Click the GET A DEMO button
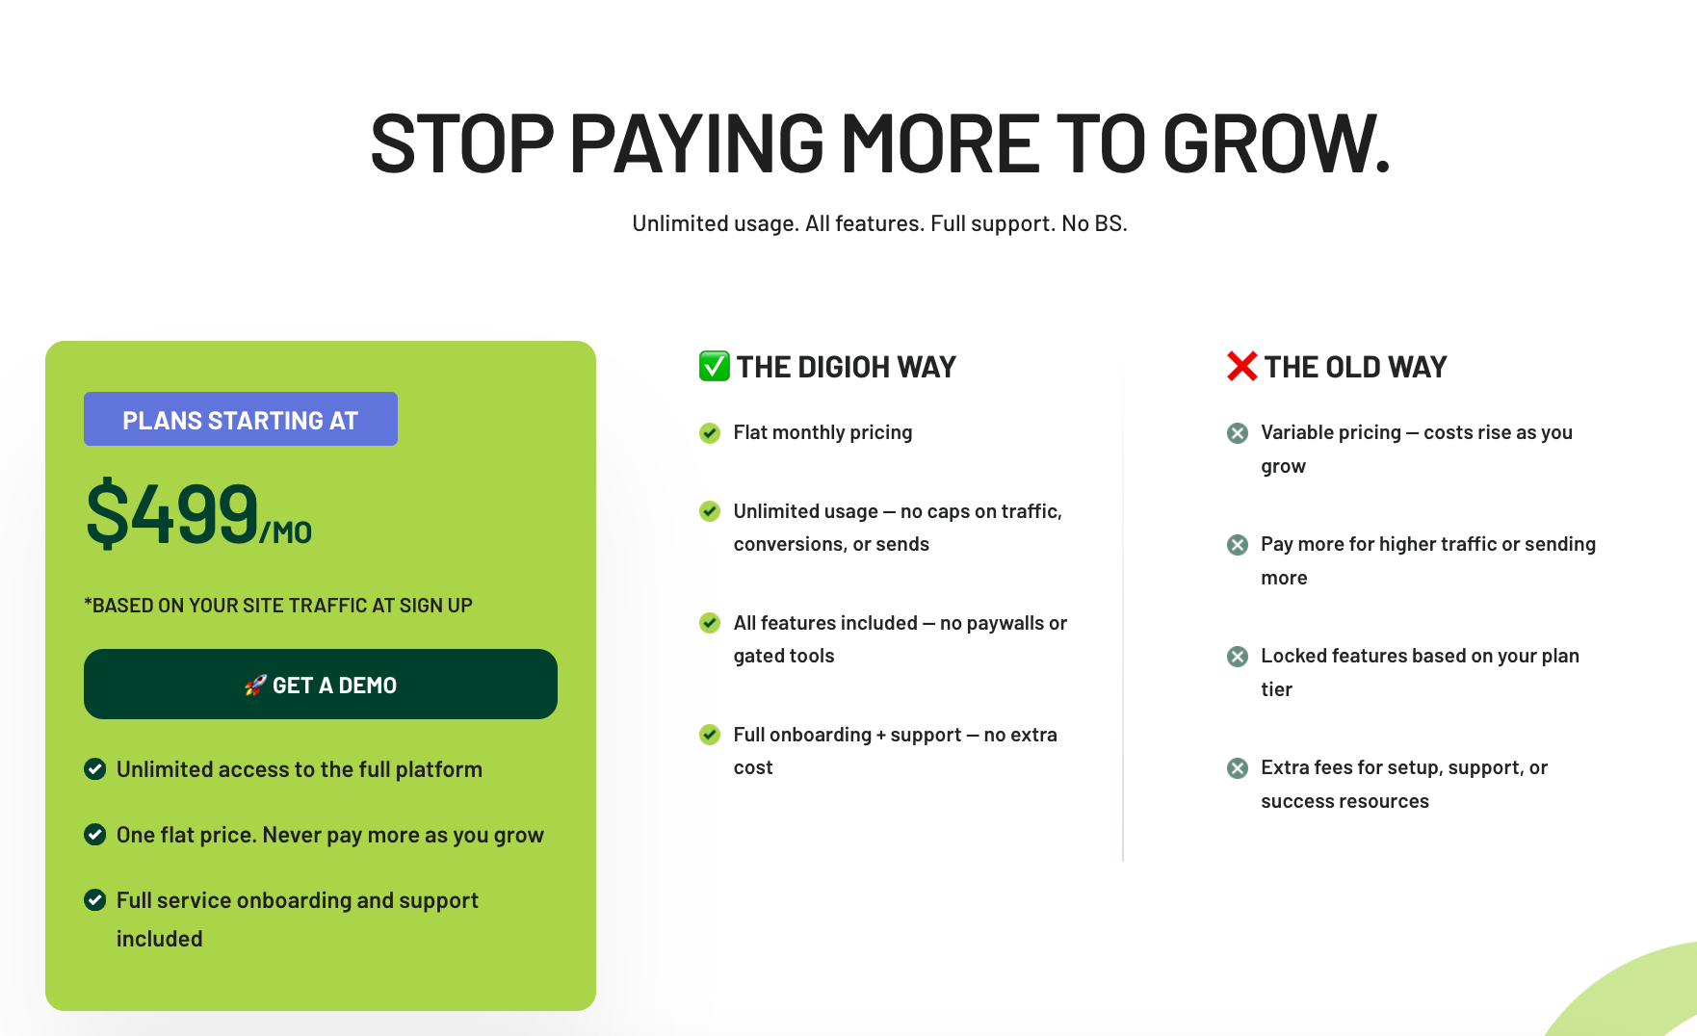click(x=321, y=684)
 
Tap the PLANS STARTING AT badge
click(x=241, y=419)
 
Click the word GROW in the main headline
click(x=1277, y=144)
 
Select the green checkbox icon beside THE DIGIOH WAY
click(x=715, y=366)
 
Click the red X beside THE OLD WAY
click(x=1242, y=366)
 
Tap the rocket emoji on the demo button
click(x=255, y=685)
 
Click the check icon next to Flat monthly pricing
click(x=710, y=432)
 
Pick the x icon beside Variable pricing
click(x=1238, y=432)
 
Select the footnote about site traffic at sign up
click(x=278, y=606)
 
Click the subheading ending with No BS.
click(x=879, y=223)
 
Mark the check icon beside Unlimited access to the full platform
click(x=94, y=768)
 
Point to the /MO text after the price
click(x=286, y=532)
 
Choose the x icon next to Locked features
click(x=1238, y=656)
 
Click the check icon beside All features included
click(x=710, y=623)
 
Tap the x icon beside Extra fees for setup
click(x=1238, y=767)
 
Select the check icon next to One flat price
click(x=94, y=834)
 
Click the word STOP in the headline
click(x=462, y=144)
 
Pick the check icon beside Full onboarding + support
click(x=710, y=735)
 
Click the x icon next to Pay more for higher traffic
click(x=1238, y=544)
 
